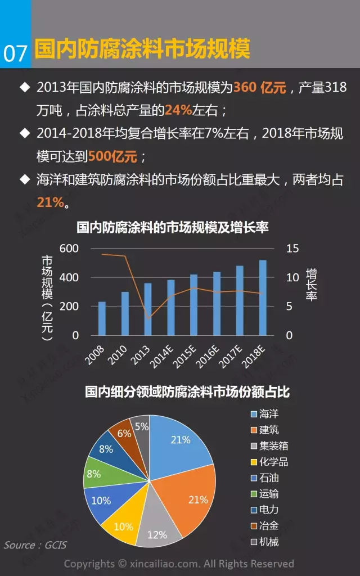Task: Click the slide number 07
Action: [x=15, y=53]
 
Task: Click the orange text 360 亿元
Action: [x=260, y=88]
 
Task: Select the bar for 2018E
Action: [x=263, y=298]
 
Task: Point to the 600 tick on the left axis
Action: [x=69, y=249]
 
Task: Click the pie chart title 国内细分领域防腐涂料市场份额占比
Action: [x=187, y=391]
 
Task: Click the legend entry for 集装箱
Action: [x=273, y=446]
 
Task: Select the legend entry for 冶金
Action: [x=268, y=526]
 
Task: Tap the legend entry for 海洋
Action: [x=268, y=414]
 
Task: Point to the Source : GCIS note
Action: [x=35, y=545]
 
